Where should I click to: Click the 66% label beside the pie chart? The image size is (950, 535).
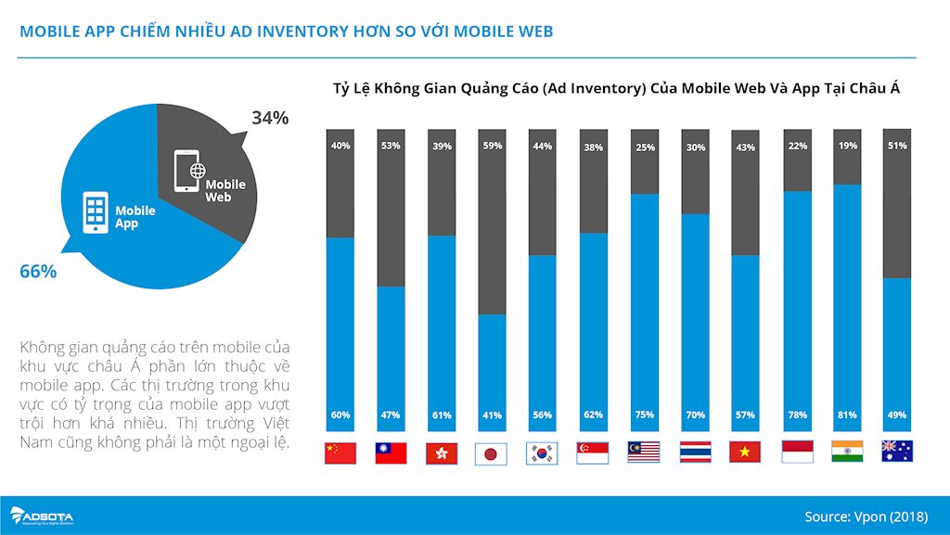(38, 272)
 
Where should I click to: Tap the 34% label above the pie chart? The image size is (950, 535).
(270, 118)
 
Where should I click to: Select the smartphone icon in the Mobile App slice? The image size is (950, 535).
(96, 213)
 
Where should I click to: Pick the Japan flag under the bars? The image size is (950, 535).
(491, 452)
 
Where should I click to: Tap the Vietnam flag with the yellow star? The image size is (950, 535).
(744, 452)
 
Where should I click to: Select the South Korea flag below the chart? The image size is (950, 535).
(542, 452)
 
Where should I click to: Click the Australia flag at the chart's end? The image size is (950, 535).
(896, 452)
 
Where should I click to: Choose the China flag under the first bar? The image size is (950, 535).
(340, 452)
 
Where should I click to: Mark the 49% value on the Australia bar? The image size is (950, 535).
(896, 414)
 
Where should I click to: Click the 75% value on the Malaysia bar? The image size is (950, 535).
(644, 414)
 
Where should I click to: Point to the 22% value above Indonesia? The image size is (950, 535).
(796, 146)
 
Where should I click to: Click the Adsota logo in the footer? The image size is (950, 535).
(42, 516)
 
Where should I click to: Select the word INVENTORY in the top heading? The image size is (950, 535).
(283, 32)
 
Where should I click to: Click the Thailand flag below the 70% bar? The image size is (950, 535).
(694, 452)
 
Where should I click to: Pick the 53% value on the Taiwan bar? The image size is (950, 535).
(390, 146)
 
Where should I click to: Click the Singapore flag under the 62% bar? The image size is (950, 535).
(592, 452)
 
